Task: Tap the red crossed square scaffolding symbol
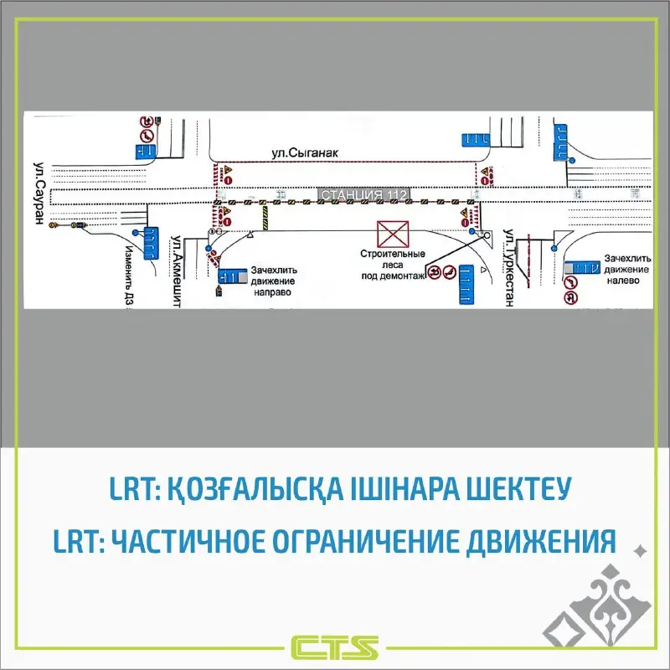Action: click(391, 233)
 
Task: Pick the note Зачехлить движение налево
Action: click(628, 270)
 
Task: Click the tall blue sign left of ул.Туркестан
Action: click(466, 282)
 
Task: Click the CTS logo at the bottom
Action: click(335, 647)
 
